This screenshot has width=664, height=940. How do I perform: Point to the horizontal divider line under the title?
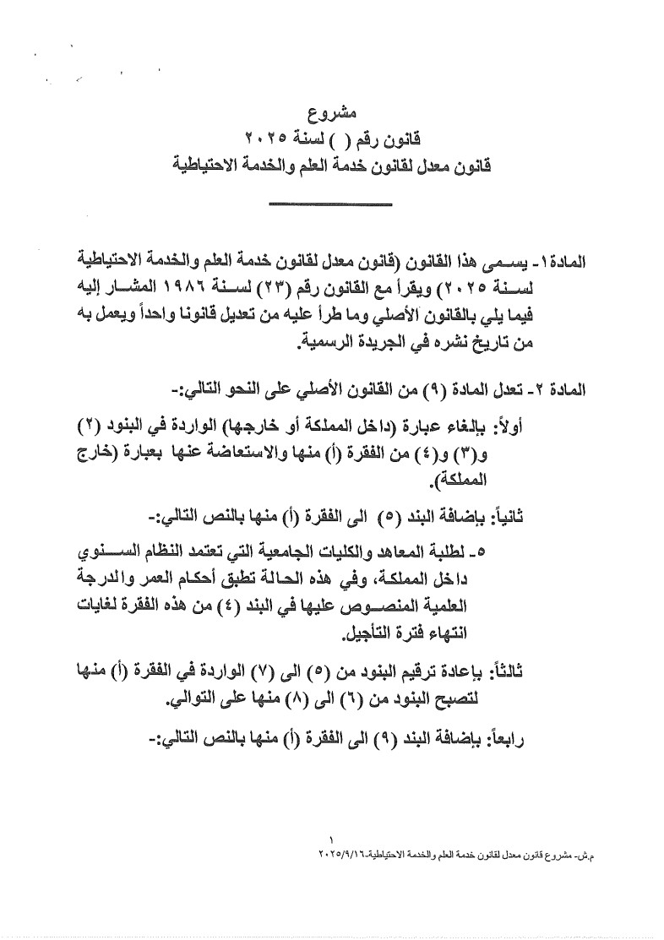329,204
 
